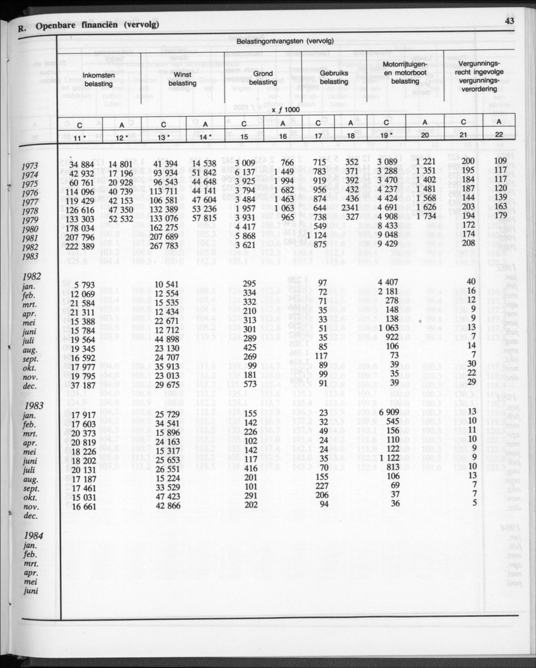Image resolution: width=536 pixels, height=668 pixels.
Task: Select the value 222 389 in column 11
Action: [78, 245]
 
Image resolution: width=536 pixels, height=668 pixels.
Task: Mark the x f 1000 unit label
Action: [285, 109]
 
